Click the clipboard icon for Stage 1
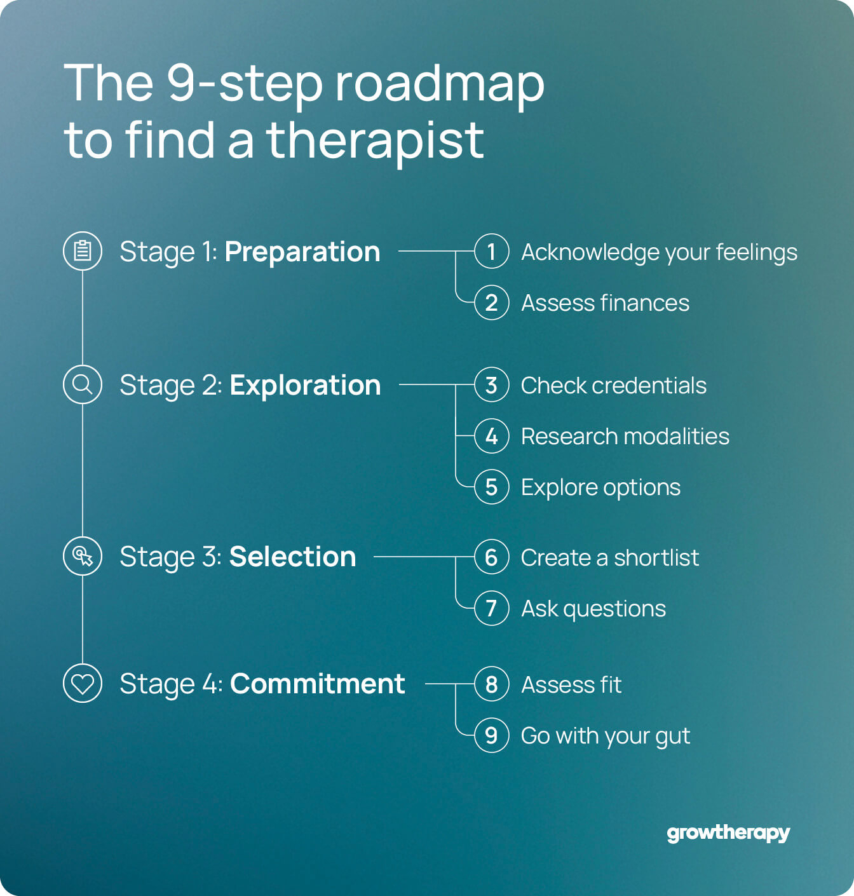click(x=83, y=251)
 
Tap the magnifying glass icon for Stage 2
click(x=83, y=384)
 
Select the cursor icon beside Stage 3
click(x=83, y=556)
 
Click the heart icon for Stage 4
click(x=83, y=684)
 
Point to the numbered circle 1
click(x=491, y=252)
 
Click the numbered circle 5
click(x=491, y=487)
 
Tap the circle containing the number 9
click(x=491, y=735)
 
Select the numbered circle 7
click(x=491, y=608)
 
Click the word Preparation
click(x=302, y=252)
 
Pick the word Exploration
click(x=305, y=386)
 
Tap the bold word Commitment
click(x=317, y=684)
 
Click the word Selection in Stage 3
click(x=292, y=557)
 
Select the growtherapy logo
click(x=728, y=833)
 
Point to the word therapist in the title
click(x=375, y=141)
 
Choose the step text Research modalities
click(x=625, y=437)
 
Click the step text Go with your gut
click(x=605, y=736)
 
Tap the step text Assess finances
click(x=605, y=303)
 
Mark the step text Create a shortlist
click(x=609, y=558)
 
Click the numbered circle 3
click(x=491, y=385)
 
